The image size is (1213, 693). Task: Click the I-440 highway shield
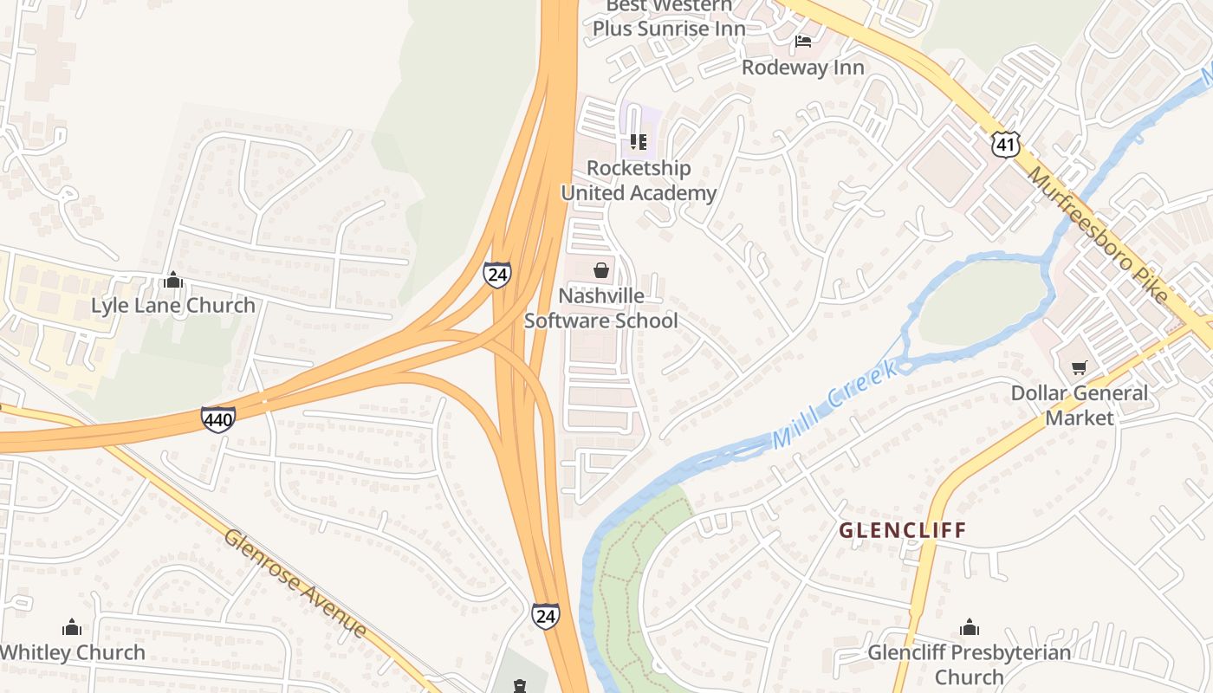click(x=217, y=420)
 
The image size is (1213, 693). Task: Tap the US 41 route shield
click(x=1006, y=145)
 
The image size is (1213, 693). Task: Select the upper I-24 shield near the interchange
click(x=496, y=275)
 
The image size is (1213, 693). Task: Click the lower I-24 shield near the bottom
click(x=545, y=616)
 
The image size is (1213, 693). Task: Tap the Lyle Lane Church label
click(x=173, y=305)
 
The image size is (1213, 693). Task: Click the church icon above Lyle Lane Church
click(x=173, y=280)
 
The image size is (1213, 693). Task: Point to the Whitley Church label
click(x=73, y=652)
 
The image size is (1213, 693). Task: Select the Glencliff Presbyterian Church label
click(x=969, y=664)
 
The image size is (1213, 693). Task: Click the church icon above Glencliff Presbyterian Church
click(x=970, y=627)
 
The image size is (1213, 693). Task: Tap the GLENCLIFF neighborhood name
click(x=902, y=530)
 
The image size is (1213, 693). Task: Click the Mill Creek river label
click(x=833, y=405)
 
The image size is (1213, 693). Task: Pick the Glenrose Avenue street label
click(x=295, y=583)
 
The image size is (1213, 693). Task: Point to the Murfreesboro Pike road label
click(x=1099, y=234)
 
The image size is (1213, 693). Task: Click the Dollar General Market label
click(x=1079, y=405)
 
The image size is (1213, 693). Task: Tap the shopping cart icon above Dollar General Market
click(x=1079, y=368)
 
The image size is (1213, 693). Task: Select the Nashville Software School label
click(x=601, y=308)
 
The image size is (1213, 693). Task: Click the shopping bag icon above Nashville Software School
click(x=601, y=271)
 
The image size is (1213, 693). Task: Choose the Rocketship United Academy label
click(x=639, y=180)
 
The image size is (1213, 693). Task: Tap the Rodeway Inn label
click(x=802, y=68)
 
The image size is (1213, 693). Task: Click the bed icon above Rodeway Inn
click(x=803, y=41)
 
